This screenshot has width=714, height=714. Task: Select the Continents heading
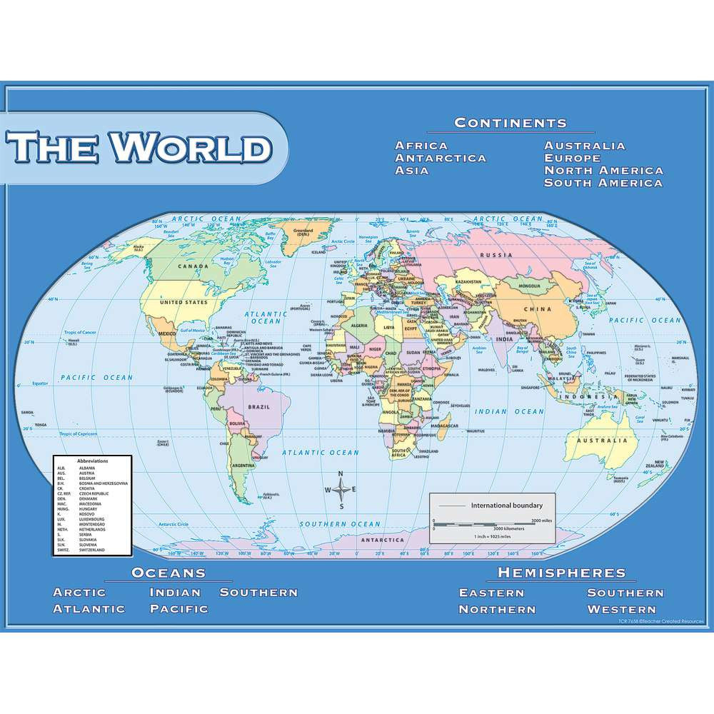511,122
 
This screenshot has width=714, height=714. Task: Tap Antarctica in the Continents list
441,158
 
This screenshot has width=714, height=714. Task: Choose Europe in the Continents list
573,158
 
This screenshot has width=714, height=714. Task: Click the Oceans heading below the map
169,573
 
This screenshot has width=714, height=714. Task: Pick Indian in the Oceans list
175,592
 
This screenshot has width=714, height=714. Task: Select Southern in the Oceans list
258,592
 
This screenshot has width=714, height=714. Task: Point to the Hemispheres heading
561,573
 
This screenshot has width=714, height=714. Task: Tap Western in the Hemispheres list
621,609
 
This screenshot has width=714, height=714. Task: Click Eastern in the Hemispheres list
491,593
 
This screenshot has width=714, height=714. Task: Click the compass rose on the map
341,490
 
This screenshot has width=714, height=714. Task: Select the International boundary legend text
501,506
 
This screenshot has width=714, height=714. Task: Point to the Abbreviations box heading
92,461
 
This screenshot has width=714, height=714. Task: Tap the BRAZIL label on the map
258,407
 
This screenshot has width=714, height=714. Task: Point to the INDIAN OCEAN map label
511,412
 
